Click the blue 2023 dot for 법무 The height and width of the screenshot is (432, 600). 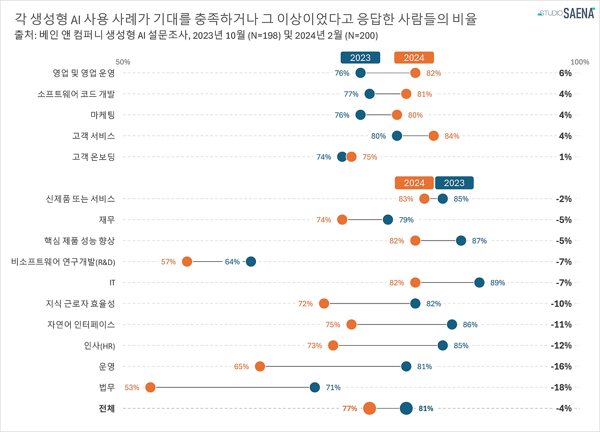(x=315, y=387)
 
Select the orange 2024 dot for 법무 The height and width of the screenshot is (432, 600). (x=150, y=387)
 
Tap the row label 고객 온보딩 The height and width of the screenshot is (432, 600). (x=93, y=157)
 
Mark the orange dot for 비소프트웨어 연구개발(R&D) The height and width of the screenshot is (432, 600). (x=187, y=262)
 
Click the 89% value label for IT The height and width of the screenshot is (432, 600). (x=497, y=282)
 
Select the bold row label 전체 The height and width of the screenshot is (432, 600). (x=106, y=408)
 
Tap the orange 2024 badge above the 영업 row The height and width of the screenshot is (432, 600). (x=414, y=58)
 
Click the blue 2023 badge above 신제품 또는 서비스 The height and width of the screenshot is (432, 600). (x=454, y=183)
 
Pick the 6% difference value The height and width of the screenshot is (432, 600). (x=565, y=73)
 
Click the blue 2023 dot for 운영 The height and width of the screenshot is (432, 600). (x=406, y=366)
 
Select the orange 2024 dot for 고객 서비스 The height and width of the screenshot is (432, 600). (x=434, y=136)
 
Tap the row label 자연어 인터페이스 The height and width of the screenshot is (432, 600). (x=81, y=324)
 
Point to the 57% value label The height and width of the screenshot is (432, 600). (x=168, y=262)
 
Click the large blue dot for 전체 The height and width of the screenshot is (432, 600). (x=406, y=408)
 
